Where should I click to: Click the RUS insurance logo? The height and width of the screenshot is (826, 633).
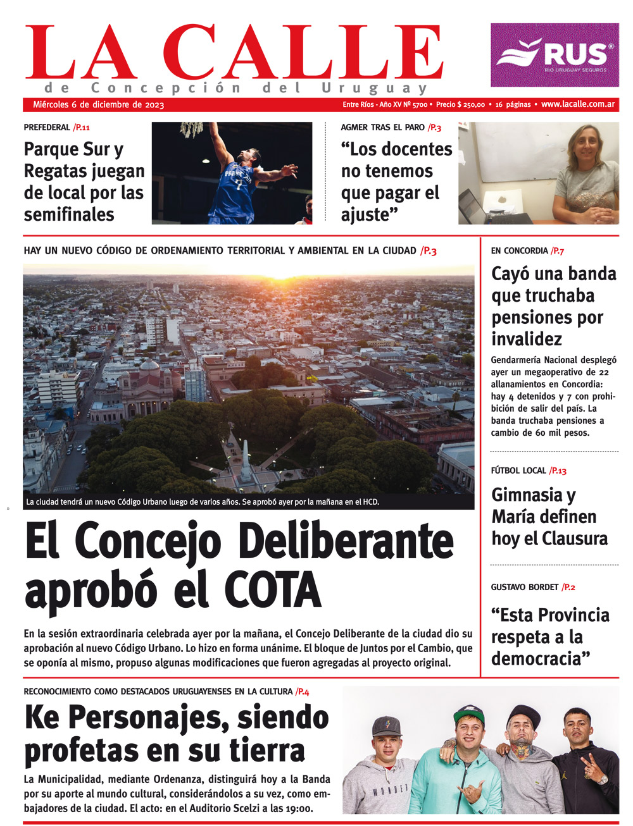(555, 55)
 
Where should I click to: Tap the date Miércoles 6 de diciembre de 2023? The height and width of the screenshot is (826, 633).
(98, 105)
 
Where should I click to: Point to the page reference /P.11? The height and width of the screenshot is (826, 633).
(82, 128)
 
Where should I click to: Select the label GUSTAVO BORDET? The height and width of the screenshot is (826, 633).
(524, 588)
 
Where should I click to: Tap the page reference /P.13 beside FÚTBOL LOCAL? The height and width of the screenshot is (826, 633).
(558, 471)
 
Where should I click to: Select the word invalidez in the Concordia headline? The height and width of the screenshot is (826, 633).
(527, 340)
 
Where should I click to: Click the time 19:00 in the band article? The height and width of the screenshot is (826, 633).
(298, 809)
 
